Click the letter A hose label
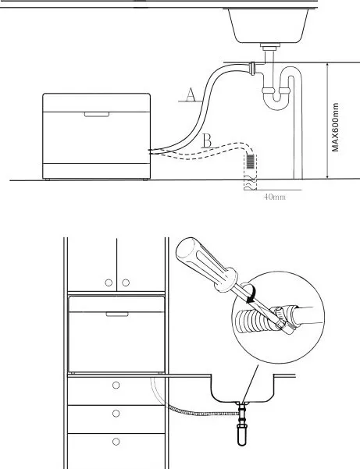coord(191,95)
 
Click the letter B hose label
coord(207,140)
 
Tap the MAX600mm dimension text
coord(336,127)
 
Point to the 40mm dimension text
coord(275,197)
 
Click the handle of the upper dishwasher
coord(97,115)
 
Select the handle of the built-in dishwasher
coord(117,314)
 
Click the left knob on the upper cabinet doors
coord(109,282)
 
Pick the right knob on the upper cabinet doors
coord(126,282)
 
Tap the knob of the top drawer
coord(116,386)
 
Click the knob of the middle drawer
coord(116,414)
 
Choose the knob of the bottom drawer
coord(116,442)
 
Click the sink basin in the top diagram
coord(269,26)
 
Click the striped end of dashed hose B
coord(251,162)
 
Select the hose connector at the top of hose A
coord(253,69)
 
